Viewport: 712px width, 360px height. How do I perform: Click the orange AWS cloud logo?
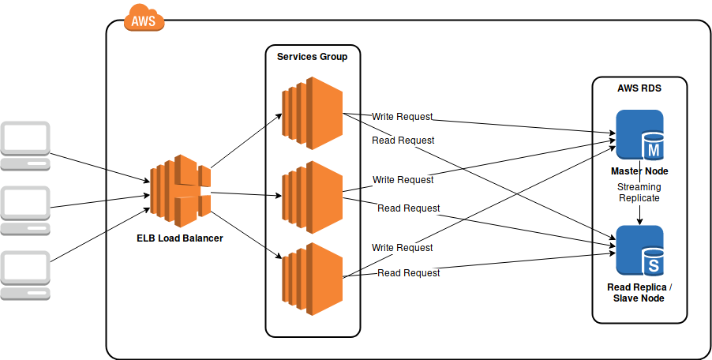point(144,17)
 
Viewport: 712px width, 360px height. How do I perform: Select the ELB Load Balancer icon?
point(181,187)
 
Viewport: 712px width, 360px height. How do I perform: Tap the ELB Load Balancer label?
point(179,238)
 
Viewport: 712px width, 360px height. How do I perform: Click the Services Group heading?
point(312,57)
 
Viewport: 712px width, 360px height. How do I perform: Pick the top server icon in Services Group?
point(312,113)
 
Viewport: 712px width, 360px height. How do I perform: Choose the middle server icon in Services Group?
point(312,197)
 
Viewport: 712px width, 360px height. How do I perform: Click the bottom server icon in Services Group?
point(312,279)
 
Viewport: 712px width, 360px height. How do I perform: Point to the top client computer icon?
point(25,145)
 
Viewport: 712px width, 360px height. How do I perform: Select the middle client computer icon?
point(25,210)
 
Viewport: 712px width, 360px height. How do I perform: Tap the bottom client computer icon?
point(25,275)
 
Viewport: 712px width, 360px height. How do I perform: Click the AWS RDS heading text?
point(639,88)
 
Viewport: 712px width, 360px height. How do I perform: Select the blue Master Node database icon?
point(639,135)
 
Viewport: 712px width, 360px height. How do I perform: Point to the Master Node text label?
point(639,171)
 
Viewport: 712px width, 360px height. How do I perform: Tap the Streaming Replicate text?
point(639,192)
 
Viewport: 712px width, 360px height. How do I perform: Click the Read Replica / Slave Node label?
point(639,292)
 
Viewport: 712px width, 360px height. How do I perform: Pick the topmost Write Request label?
point(403,116)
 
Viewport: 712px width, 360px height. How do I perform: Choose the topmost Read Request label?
point(403,141)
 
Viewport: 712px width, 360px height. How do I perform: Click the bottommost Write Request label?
point(403,248)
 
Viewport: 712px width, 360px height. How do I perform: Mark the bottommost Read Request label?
point(409,273)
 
